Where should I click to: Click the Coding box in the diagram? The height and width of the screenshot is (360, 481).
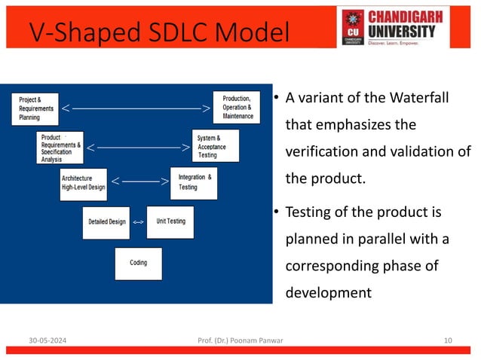(x=138, y=263)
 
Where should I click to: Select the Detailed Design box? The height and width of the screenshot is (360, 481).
(x=106, y=222)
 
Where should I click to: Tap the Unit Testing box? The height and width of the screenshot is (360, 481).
(x=170, y=221)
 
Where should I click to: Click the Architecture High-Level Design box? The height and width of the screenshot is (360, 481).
(x=83, y=182)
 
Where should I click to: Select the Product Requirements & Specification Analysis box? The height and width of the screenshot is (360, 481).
(x=60, y=148)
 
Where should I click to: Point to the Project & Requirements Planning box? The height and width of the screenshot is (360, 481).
(x=35, y=108)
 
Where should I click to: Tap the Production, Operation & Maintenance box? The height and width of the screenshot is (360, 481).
(x=237, y=107)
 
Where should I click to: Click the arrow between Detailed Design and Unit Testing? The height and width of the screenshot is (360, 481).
(x=138, y=223)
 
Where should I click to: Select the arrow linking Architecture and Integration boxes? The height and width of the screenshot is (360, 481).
(x=139, y=182)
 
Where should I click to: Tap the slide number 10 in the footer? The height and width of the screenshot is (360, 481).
(x=449, y=341)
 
